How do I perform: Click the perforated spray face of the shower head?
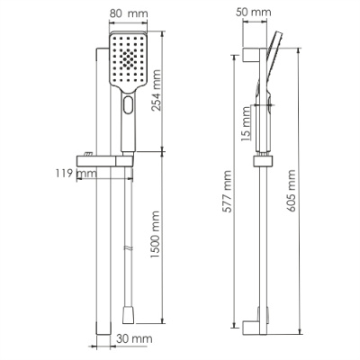coord(128,61)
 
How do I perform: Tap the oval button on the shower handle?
coord(127,105)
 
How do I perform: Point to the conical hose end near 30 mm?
coord(126,312)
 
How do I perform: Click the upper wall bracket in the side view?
coord(250,54)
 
